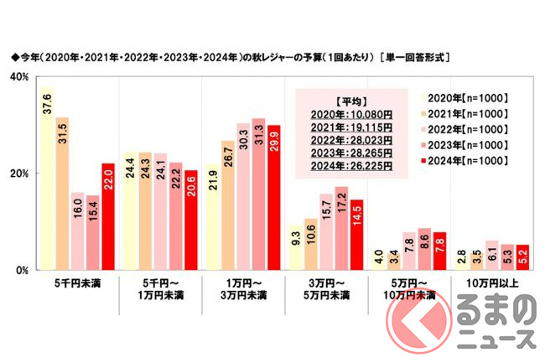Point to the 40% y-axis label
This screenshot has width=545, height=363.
[18, 77]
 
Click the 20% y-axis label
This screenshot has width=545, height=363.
[18, 174]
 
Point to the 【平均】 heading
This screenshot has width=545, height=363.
[344, 98]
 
